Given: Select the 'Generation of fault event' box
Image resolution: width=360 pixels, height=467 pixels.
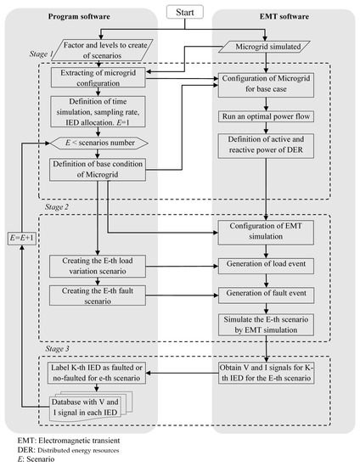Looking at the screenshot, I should (x=267, y=294).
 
